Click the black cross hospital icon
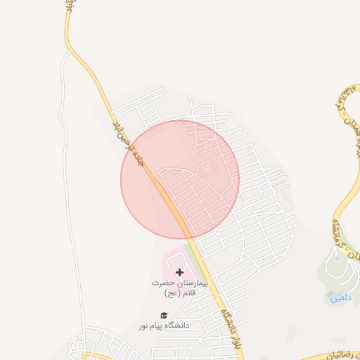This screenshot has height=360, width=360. (x=179, y=271)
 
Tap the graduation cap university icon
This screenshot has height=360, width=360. (x=164, y=316)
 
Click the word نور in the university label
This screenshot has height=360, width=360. (x=150, y=326)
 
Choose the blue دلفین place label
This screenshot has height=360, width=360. (x=340, y=298)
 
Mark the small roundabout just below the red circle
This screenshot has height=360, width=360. (x=217, y=231)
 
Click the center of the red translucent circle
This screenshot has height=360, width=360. (x=180, y=179)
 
